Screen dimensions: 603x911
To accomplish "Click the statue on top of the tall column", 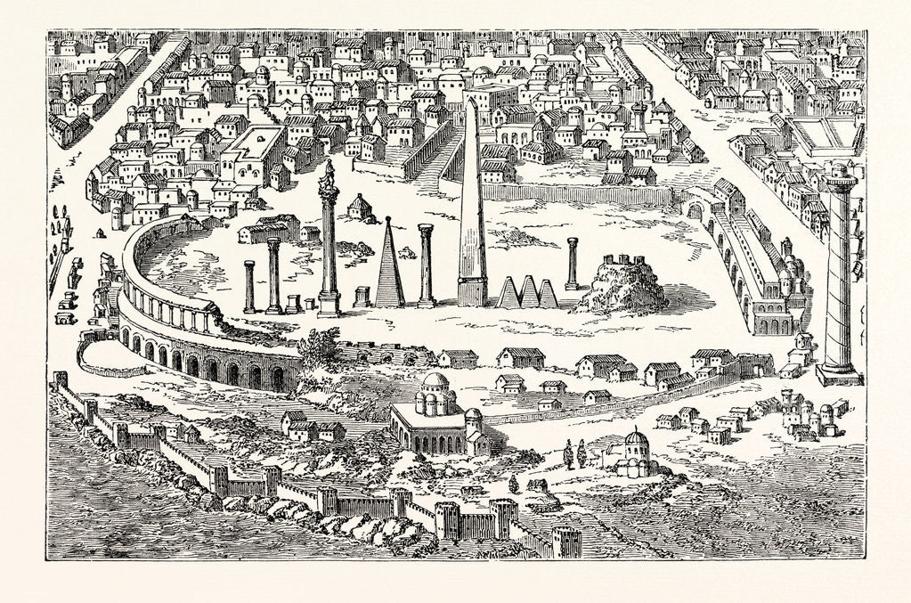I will click(329, 174).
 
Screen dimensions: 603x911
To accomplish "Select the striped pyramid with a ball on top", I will click(388, 265).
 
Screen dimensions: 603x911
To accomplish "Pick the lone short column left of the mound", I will click(572, 265).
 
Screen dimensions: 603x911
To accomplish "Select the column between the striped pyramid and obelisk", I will click(427, 265).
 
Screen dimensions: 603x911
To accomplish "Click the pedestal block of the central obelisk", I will click(471, 291).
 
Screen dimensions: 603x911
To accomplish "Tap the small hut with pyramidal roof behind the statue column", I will click(360, 207).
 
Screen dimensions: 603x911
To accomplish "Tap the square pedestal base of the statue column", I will click(329, 303).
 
